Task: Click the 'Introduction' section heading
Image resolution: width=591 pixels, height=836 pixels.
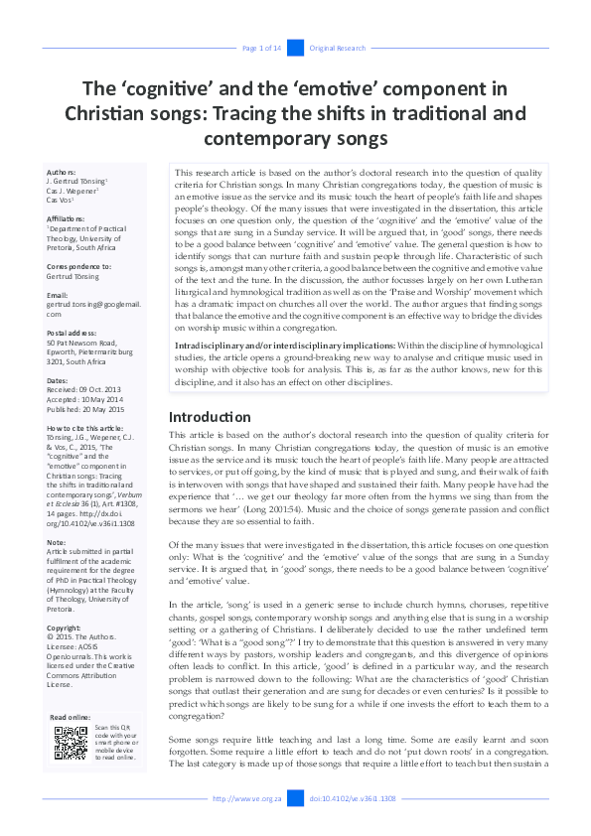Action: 210,417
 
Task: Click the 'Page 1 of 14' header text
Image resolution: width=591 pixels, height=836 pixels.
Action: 262,48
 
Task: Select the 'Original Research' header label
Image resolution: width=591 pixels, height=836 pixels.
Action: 337,48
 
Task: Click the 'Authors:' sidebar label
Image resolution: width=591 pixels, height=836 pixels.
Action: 68,172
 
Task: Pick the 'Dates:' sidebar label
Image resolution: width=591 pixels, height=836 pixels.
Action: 60,380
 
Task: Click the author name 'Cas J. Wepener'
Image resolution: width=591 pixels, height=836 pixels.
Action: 77,191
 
